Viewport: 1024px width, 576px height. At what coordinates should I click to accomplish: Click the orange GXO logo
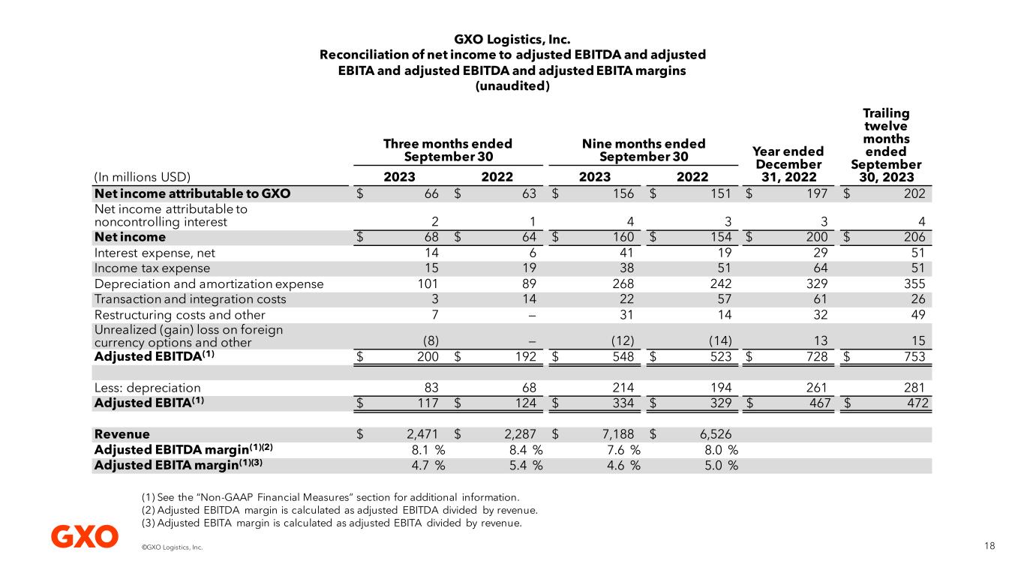pos(84,536)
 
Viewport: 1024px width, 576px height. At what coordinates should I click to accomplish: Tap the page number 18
pos(990,546)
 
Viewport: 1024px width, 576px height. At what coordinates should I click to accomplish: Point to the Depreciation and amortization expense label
pos(209,283)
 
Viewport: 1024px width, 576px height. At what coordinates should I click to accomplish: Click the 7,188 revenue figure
pos(619,434)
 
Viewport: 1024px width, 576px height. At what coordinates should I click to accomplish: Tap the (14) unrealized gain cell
pos(717,343)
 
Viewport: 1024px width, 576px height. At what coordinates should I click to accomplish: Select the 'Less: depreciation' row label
pos(148,388)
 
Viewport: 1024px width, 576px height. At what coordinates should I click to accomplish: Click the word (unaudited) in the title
pos(512,86)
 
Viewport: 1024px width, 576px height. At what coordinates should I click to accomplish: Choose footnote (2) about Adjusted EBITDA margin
pos(339,510)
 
